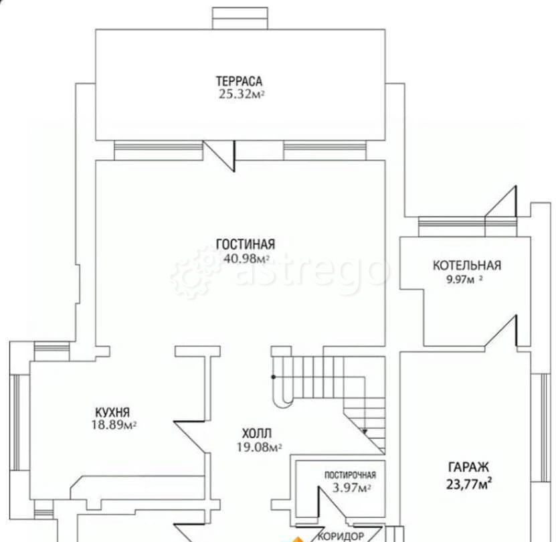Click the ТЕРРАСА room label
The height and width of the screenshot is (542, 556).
[240, 81]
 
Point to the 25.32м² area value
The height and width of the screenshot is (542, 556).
[242, 94]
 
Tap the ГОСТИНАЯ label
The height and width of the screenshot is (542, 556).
[246, 244]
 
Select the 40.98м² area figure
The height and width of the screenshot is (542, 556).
[246, 258]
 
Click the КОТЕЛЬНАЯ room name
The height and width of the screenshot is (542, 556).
[467, 266]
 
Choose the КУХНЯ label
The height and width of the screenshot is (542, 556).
[112, 412]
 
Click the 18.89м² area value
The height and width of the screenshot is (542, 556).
[114, 425]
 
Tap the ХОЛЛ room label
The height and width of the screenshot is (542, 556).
[257, 434]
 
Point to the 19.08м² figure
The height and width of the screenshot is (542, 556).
[259, 447]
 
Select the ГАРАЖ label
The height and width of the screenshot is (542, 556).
[468, 467]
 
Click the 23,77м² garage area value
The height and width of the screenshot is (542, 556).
[469, 484]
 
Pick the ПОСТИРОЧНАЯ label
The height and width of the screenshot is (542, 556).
[351, 475]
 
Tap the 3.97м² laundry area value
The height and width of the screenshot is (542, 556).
[351, 488]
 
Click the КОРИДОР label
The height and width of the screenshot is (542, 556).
[341, 535]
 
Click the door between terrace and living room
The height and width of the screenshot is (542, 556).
[219, 156]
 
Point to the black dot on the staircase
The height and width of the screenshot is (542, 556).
[274, 377]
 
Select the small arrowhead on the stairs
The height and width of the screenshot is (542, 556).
[365, 432]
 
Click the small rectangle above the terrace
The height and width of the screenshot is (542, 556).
[240, 18]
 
